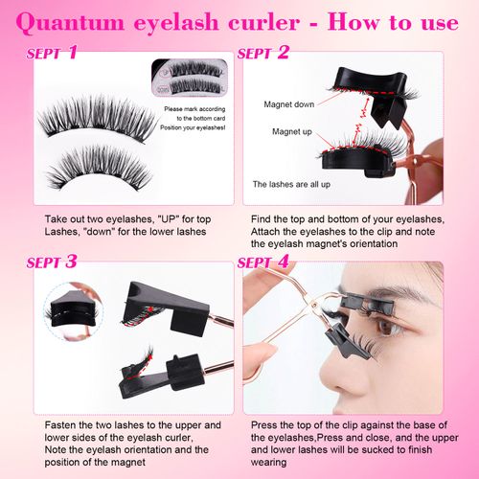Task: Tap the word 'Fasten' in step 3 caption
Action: [60, 423]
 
